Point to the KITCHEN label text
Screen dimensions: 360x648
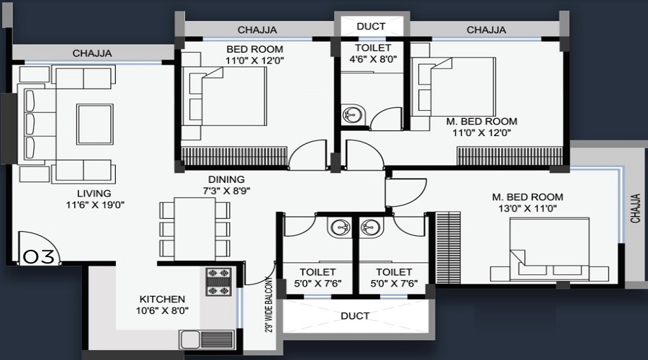(163, 305)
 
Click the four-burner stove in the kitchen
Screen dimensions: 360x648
(218, 283)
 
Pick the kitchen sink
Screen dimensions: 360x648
(203, 339)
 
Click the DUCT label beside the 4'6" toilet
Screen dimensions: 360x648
(372, 27)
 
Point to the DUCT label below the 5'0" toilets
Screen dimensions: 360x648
(355, 316)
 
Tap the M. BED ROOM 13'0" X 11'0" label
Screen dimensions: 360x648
(527, 203)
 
